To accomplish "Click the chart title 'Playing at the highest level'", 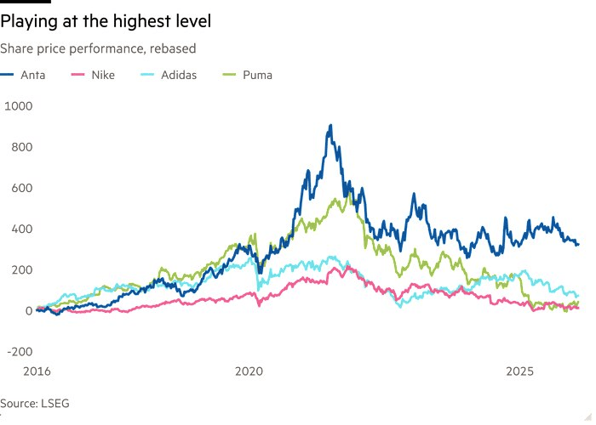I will pyautogui.click(x=106, y=20).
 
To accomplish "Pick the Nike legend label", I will pyautogui.click(x=101, y=75).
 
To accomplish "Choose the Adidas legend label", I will pyautogui.click(x=179, y=75).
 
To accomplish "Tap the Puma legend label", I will pyautogui.click(x=258, y=75).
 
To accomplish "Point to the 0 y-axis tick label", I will pyautogui.click(x=28, y=310).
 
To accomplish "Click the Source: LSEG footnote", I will pyautogui.click(x=35, y=403).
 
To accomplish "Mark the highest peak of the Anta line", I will pyautogui.click(x=330, y=125).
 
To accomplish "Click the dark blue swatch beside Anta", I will pyautogui.click(x=7, y=75).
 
